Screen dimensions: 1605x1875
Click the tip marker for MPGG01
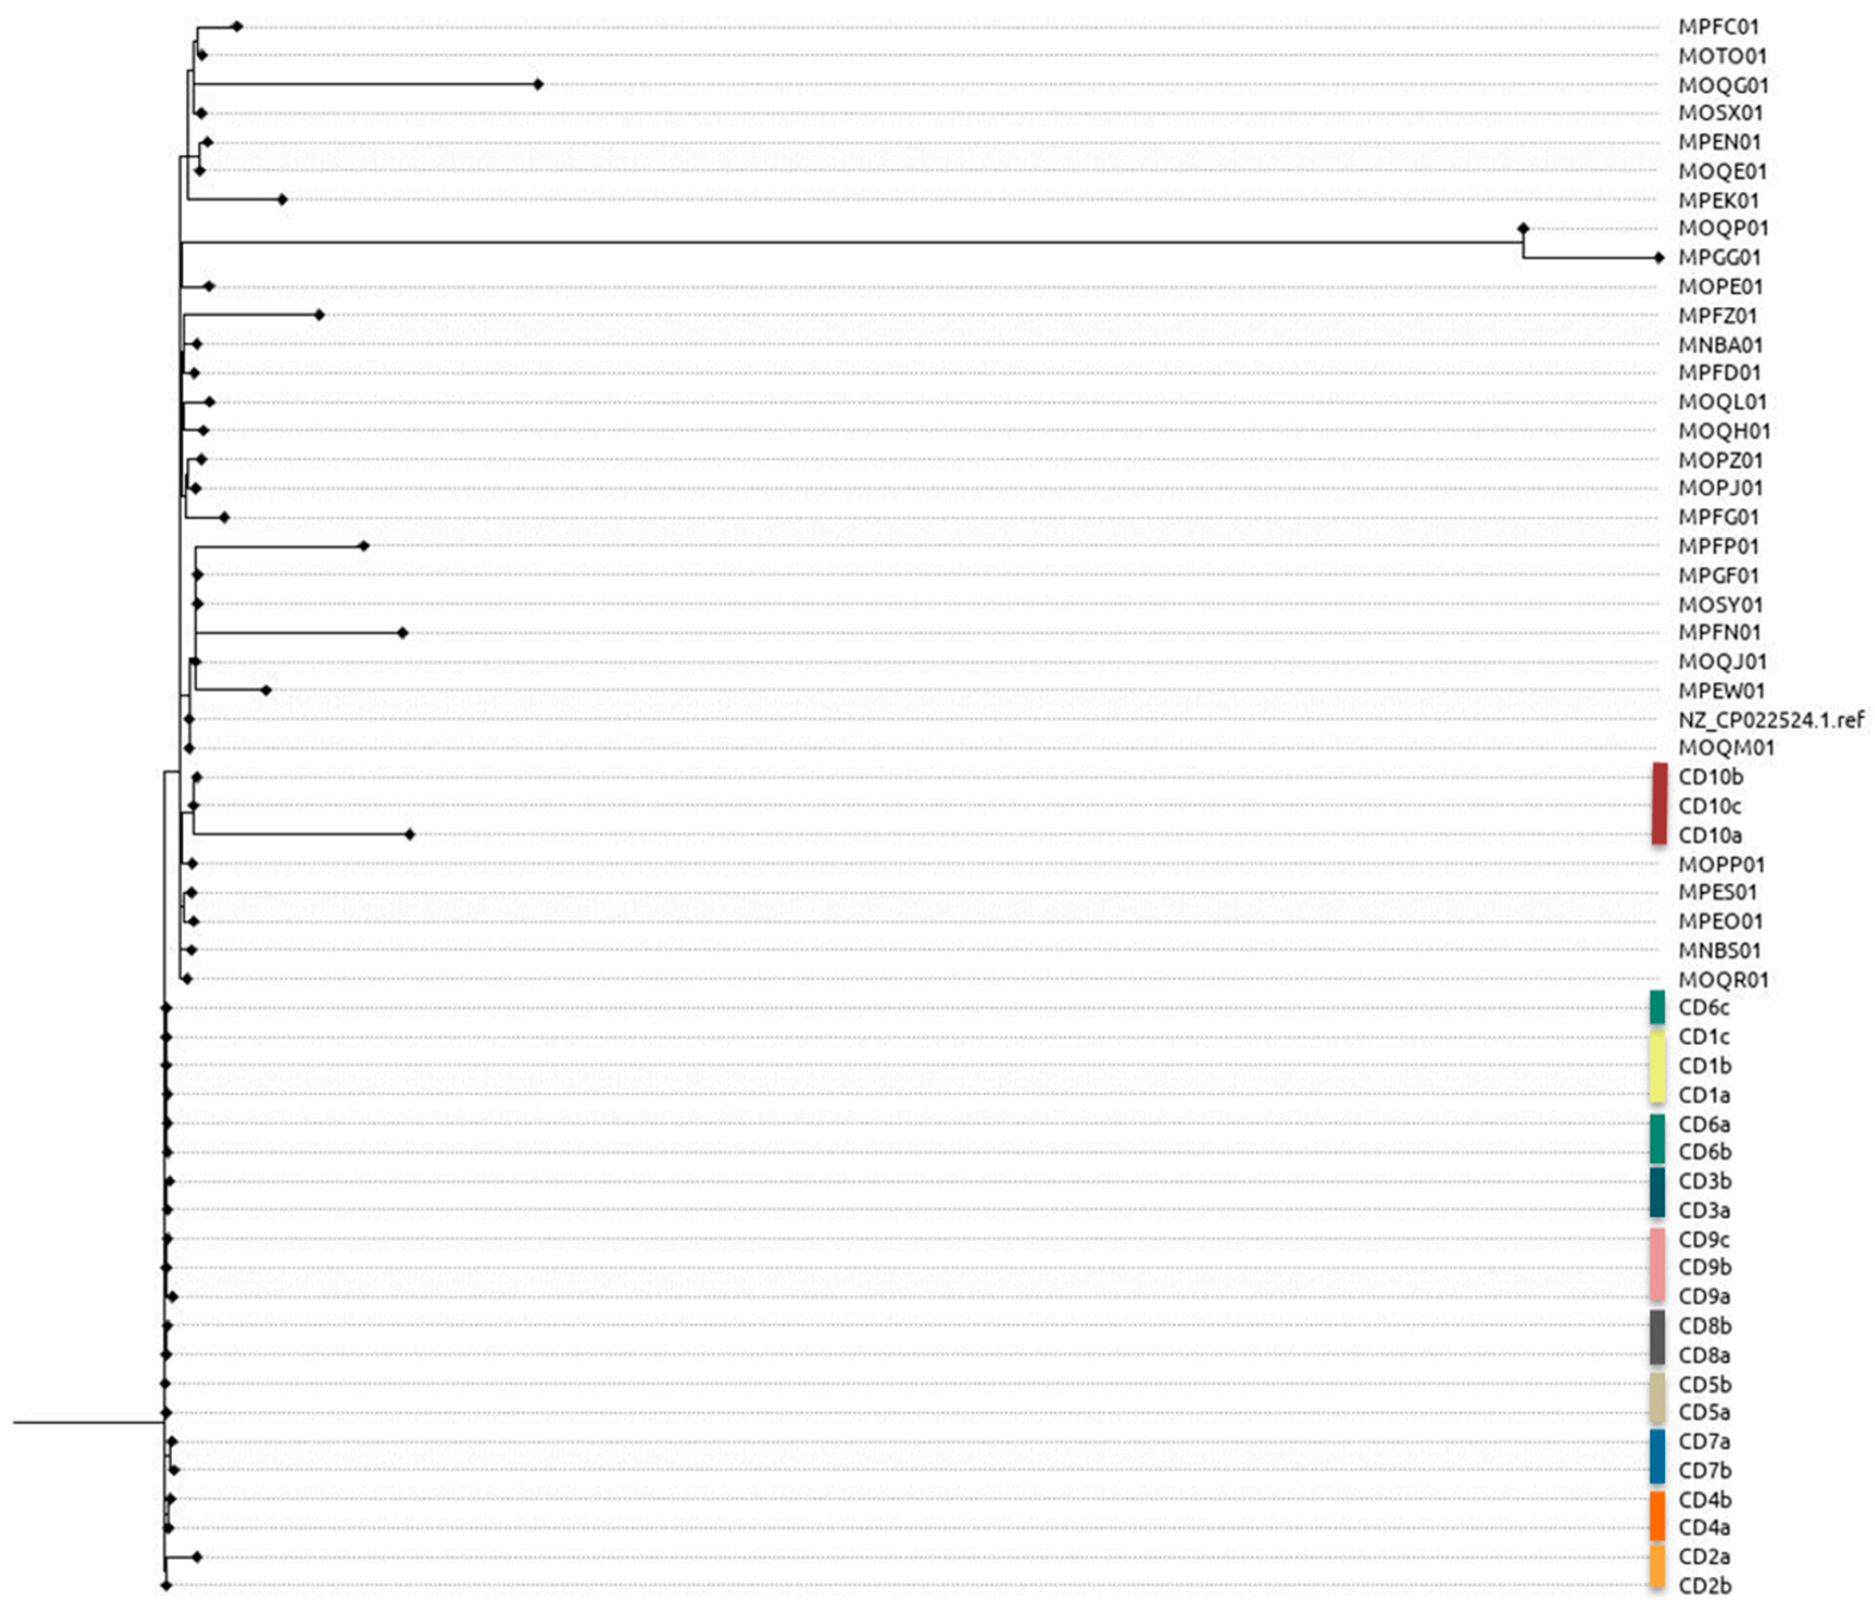pos(1658,258)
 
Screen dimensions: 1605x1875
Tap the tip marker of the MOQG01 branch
pos(538,84)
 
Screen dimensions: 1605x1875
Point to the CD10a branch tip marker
pos(410,835)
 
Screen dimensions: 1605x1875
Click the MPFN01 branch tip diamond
pos(404,633)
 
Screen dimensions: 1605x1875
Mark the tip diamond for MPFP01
pos(364,546)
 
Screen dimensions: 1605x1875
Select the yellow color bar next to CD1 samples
pos(1657,1065)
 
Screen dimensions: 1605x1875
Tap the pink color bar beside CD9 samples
pos(1657,1265)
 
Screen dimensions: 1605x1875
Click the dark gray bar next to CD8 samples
pos(1657,1338)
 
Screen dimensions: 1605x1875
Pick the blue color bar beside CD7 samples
pos(1657,1456)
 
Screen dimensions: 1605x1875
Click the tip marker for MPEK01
pos(282,199)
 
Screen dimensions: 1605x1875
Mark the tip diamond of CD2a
pos(197,1557)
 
